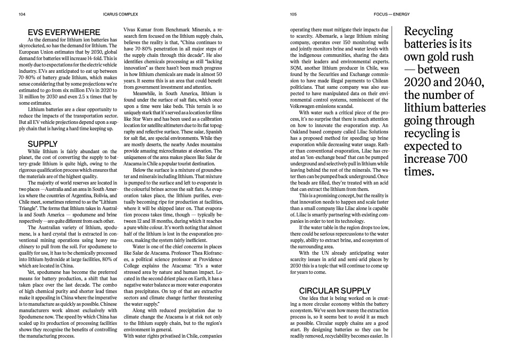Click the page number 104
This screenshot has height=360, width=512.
point(22,14)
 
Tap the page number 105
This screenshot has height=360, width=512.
point(293,14)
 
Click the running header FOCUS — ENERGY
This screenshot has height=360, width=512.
point(388,14)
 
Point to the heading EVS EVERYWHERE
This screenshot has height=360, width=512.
point(57,32)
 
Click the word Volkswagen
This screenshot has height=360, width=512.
point(305,105)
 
